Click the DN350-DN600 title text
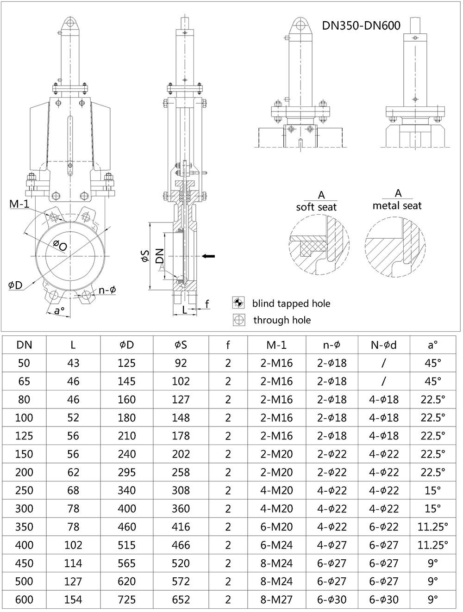coord(361,25)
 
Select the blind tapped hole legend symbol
coord(238,303)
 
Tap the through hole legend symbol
coord(239,320)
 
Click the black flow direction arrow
coord(209,255)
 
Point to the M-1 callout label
coord(19,204)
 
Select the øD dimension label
coord(15,285)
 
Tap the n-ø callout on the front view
coord(107,290)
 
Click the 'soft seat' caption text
coord(316,207)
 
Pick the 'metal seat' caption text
coord(397,205)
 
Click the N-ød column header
coord(384,345)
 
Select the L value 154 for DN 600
coord(73,600)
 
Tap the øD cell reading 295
coord(126,472)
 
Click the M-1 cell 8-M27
coord(276,600)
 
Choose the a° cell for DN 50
coord(432,363)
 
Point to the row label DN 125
coord(24,436)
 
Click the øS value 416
coord(181,527)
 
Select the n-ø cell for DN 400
coord(332,545)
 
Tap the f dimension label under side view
coord(207,303)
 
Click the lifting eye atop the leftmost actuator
coord(70,22)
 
